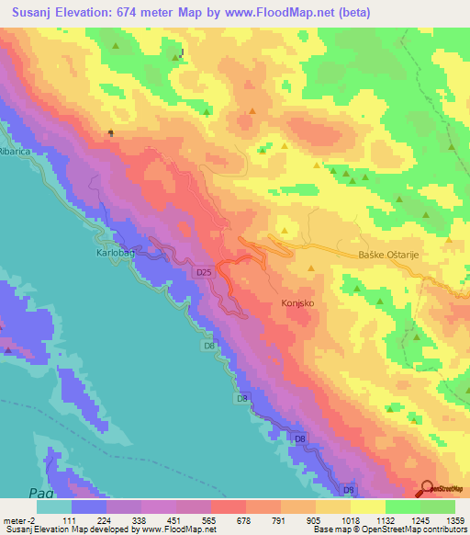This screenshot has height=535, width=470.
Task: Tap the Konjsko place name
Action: pos(296,302)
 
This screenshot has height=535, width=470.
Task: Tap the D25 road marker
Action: pos(205,273)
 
